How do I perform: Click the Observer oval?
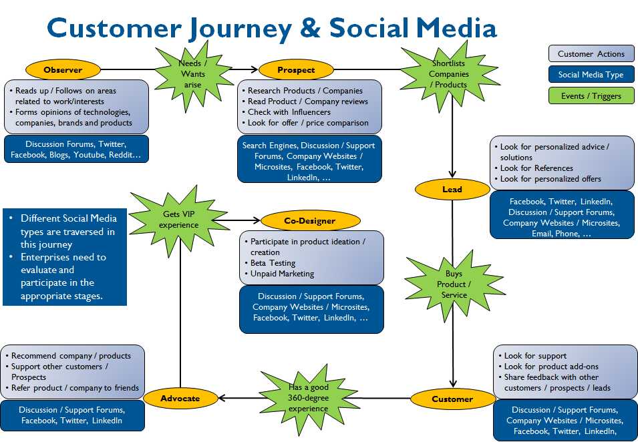63,69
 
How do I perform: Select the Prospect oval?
296,69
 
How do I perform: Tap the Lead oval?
452,190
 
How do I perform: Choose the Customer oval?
452,399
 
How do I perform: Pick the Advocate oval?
180,399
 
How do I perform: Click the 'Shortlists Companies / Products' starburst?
448,74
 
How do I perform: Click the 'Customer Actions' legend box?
591,54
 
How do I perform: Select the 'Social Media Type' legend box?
591,75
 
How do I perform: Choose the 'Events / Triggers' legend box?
591,95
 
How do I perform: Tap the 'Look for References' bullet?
536,168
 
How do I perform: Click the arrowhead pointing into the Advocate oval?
223,399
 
